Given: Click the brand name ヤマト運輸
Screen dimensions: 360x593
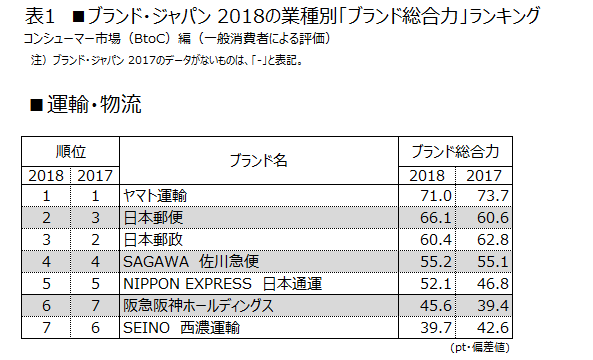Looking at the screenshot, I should tap(153, 194).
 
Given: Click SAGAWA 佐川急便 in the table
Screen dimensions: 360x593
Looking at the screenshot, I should tap(189, 260).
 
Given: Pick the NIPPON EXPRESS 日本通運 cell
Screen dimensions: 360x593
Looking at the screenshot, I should tap(221, 283).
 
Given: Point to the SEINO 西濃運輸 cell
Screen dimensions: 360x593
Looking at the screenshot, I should tap(180, 327).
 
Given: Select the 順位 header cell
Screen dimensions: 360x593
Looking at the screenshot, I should tap(70, 151).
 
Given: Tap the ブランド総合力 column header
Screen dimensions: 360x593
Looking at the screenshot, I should tap(461, 151).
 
